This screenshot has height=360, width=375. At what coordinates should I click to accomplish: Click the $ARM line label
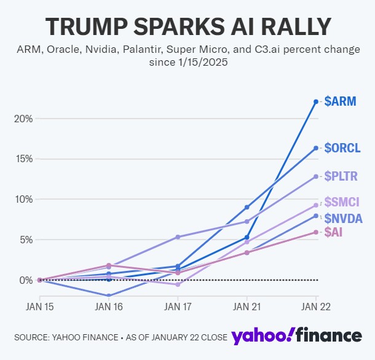[x=342, y=101]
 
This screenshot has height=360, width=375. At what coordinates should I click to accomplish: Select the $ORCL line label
[x=343, y=147]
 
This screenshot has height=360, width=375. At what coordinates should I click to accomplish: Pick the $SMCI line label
[x=342, y=202]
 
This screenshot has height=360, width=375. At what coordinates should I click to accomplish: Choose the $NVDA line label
[x=343, y=218]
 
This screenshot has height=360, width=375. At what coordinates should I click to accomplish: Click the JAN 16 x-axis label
[x=109, y=305]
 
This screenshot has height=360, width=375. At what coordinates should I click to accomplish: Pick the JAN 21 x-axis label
[x=247, y=305]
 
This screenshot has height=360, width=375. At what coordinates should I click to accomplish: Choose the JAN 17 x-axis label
[x=178, y=305]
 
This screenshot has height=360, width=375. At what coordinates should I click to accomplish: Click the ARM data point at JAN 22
[x=316, y=101]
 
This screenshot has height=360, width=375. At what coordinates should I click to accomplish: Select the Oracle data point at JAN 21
[x=247, y=207]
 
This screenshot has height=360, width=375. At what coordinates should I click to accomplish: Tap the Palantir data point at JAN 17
[x=178, y=237]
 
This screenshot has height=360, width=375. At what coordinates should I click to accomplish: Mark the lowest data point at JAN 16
[x=109, y=295]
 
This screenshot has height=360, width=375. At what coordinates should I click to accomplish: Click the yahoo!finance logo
[x=296, y=335]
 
